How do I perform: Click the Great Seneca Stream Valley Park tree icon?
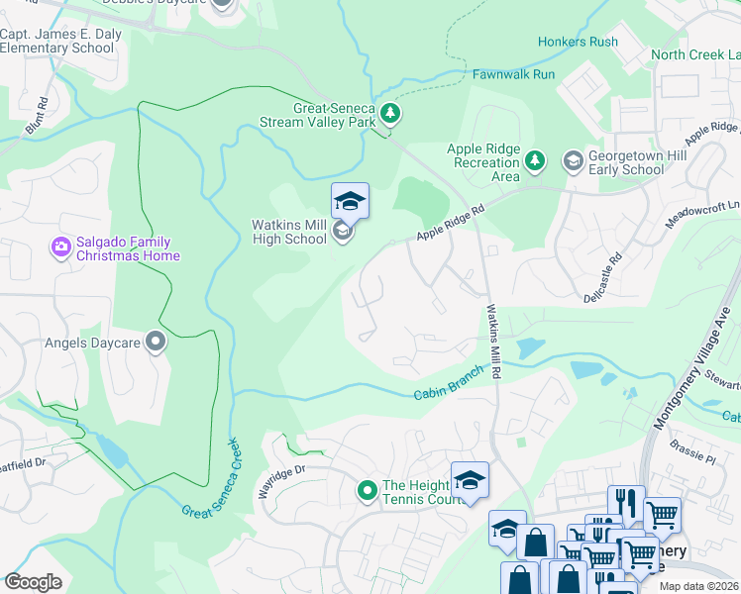390,115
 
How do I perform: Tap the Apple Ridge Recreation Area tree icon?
535,160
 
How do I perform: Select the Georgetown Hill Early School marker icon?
573,160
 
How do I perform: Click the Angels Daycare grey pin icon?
156,343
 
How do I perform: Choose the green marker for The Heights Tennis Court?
367,490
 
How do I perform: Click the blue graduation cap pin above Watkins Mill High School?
350,202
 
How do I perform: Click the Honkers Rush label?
578,42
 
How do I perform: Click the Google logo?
34,582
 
